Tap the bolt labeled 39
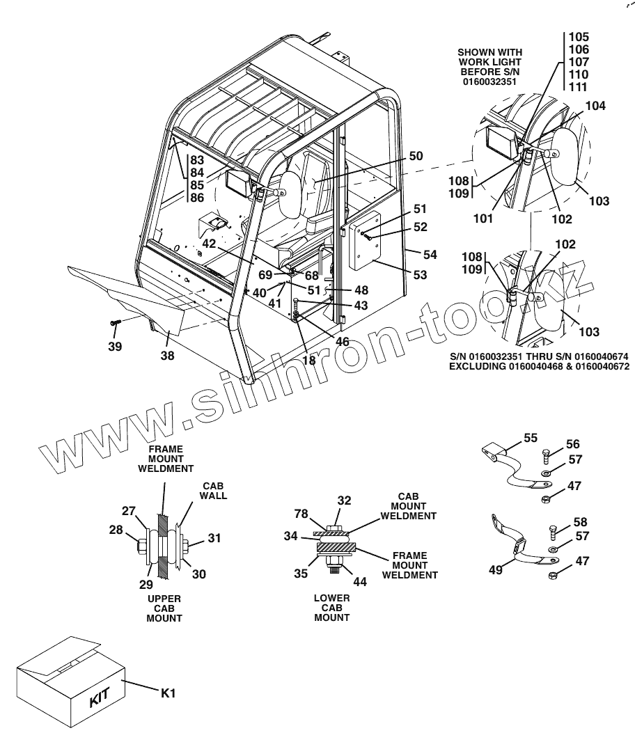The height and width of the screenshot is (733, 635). tap(115, 322)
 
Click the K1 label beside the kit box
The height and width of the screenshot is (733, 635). tap(170, 693)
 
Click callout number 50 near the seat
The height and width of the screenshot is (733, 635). tap(416, 157)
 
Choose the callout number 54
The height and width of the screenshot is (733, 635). tap(430, 255)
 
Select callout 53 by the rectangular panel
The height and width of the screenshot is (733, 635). tap(419, 275)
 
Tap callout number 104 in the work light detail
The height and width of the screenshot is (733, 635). tap(595, 106)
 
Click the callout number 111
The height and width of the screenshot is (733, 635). tap(579, 87)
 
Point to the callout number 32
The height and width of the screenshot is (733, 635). tap(344, 500)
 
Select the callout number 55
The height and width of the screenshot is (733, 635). tap(531, 438)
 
